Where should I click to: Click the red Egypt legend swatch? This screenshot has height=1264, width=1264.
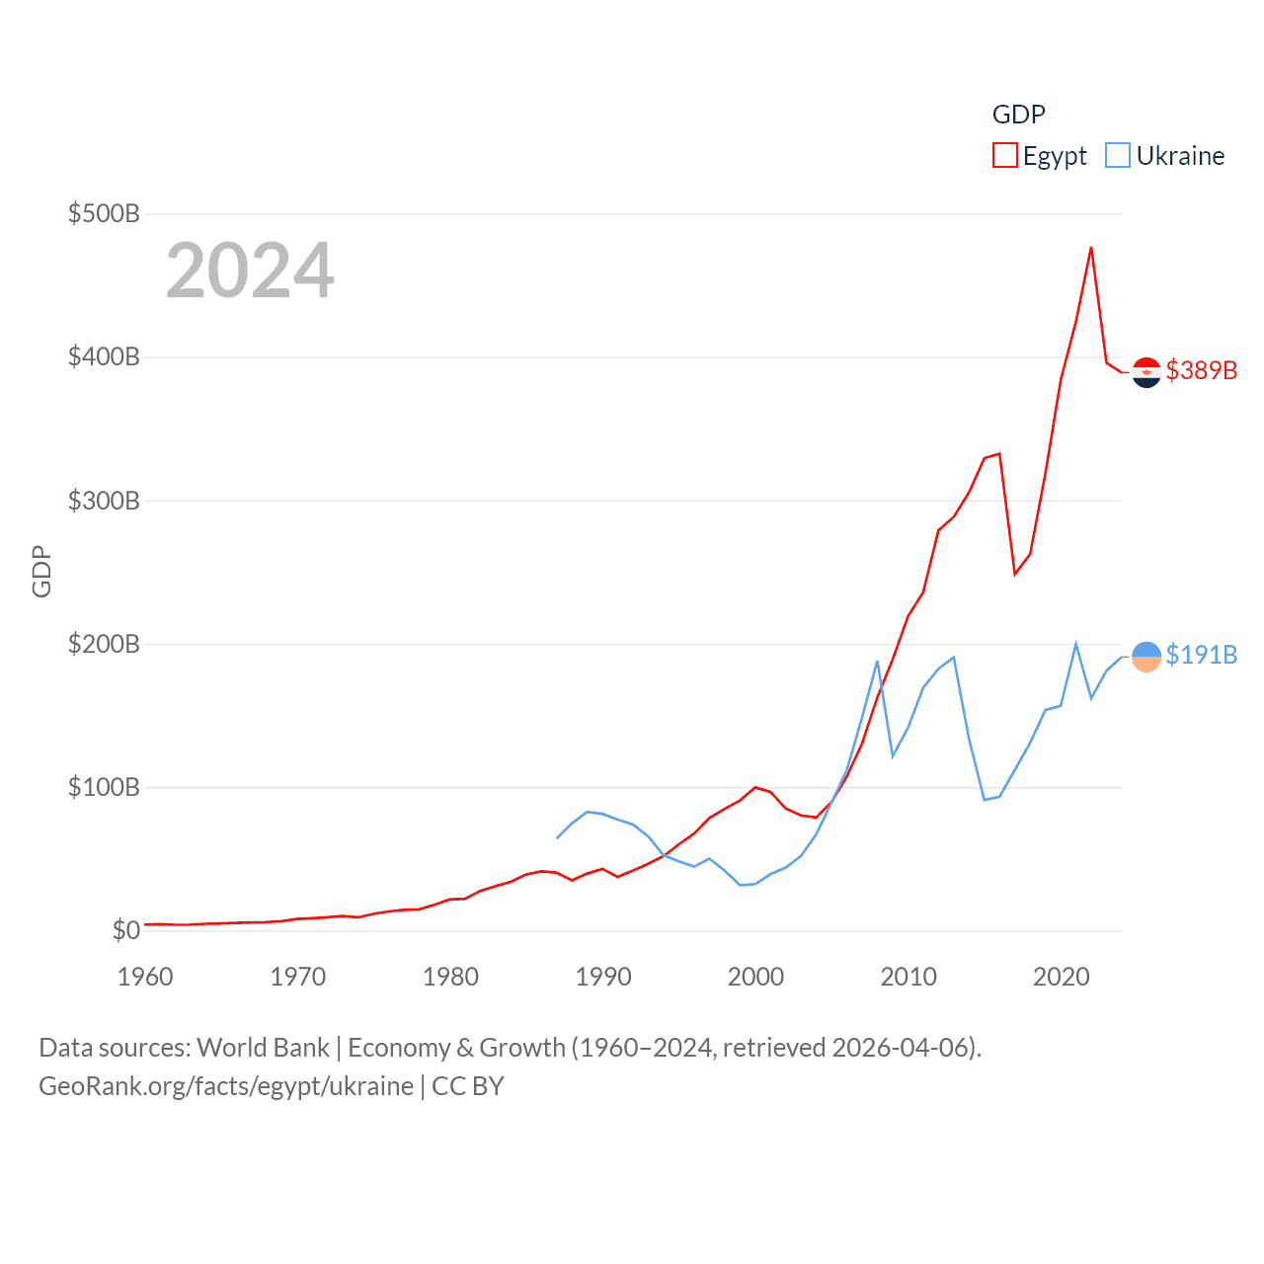click(1004, 156)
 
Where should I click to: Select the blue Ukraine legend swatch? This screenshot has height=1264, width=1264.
click(1117, 156)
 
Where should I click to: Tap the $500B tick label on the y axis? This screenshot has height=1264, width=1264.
click(104, 213)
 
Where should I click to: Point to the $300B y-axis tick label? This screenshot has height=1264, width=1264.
click(104, 501)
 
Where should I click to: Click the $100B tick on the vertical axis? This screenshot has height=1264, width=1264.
click(104, 787)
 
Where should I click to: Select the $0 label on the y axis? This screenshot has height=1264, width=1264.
click(125, 930)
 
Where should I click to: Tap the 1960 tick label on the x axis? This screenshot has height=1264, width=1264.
click(145, 977)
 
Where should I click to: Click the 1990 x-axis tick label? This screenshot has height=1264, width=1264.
click(603, 977)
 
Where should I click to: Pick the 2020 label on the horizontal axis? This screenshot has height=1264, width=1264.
click(1061, 977)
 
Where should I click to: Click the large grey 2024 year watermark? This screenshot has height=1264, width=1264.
click(250, 271)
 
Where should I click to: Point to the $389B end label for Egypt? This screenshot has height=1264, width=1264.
click(1201, 370)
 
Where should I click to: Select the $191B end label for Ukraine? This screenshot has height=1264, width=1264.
click(1201, 655)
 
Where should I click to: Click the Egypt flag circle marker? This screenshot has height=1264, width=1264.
click(1146, 372)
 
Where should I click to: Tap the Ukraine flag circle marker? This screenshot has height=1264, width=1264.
click(1146, 657)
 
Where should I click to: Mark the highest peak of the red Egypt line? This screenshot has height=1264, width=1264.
click(1091, 248)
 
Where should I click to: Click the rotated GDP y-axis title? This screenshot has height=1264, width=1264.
click(41, 571)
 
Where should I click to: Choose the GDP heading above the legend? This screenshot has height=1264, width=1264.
click(1018, 115)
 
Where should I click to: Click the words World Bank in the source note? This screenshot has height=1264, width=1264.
click(264, 1048)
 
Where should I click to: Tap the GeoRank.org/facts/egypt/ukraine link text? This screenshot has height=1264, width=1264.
click(226, 1086)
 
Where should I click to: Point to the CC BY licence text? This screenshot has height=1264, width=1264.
click(468, 1086)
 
